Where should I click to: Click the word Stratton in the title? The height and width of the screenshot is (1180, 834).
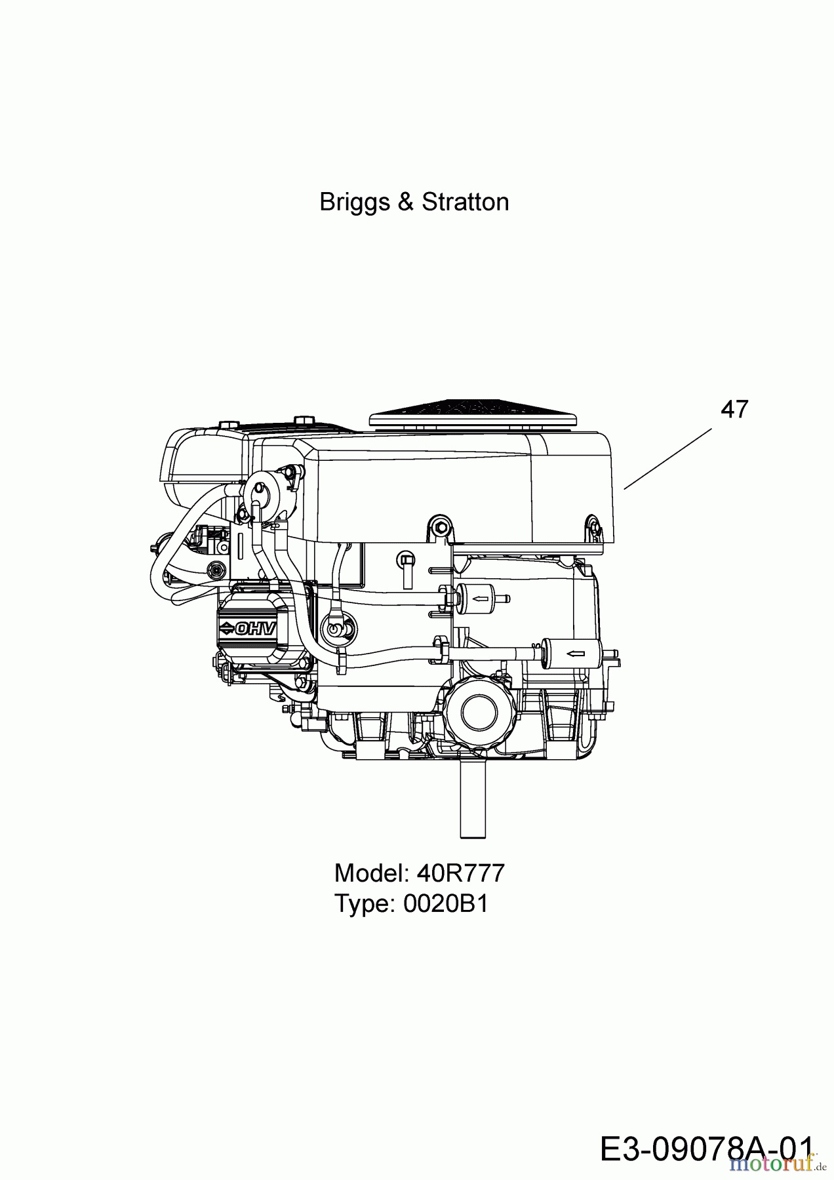pyautogui.click(x=466, y=202)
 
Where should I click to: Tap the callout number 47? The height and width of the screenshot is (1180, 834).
pyautogui.click(x=734, y=410)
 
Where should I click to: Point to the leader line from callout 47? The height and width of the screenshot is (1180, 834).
pyautogui.click(x=667, y=458)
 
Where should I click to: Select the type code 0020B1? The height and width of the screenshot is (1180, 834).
pyautogui.click(x=446, y=904)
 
